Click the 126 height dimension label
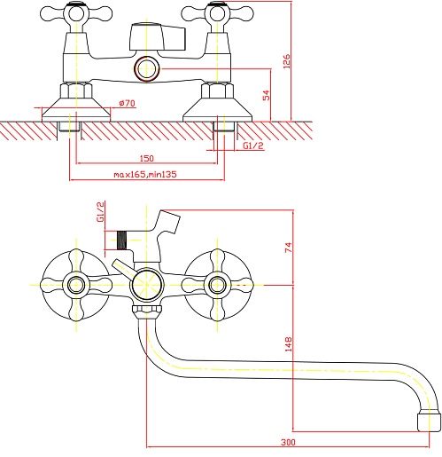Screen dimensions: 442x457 click(x=286, y=61)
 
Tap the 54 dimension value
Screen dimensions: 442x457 click(x=266, y=95)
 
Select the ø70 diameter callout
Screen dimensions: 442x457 click(x=127, y=103)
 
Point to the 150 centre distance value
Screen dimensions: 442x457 click(x=147, y=158)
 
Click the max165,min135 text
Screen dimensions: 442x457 click(x=145, y=174)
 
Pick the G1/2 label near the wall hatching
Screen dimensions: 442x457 click(x=253, y=146)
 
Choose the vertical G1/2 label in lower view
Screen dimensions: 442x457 click(x=100, y=212)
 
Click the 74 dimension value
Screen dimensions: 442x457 click(x=288, y=248)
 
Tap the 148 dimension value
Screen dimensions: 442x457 click(x=288, y=344)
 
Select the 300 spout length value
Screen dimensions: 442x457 click(x=288, y=442)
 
